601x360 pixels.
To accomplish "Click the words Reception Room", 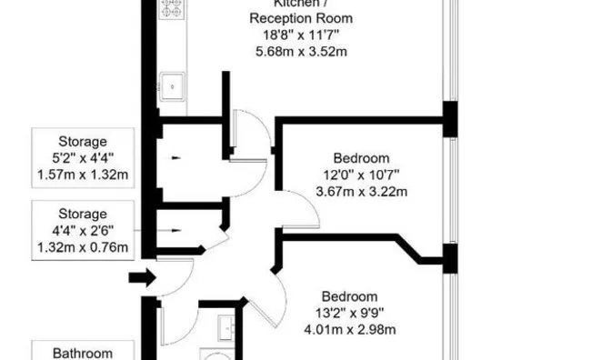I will tap(301, 18).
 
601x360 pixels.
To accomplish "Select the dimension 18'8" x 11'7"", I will tap(301, 35).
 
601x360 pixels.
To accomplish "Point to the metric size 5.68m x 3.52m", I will tap(301, 51).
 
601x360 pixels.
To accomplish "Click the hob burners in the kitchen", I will tap(172, 8).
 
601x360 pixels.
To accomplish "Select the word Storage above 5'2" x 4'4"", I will tap(83, 142).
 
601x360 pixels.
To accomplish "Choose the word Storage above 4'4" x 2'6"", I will tap(83, 215).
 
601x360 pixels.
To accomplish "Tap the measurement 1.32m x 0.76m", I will tap(83, 247).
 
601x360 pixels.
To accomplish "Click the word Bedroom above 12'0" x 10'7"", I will tap(361, 157).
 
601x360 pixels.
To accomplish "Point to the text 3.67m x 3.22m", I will tap(361, 191).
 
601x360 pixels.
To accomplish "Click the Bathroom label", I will tap(83, 353).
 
